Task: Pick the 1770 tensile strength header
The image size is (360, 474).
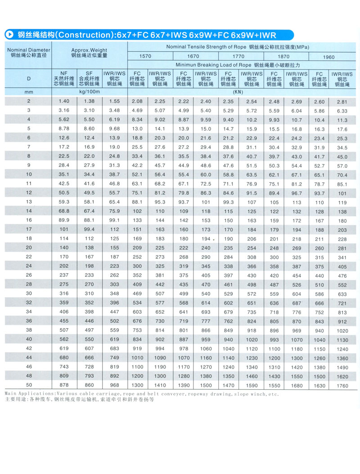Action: click(x=239, y=56)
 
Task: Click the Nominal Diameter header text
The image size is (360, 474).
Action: click(x=28, y=50)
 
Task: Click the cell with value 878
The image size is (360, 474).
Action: click(x=63, y=385)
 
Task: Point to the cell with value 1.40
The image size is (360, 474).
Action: click(x=63, y=102)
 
